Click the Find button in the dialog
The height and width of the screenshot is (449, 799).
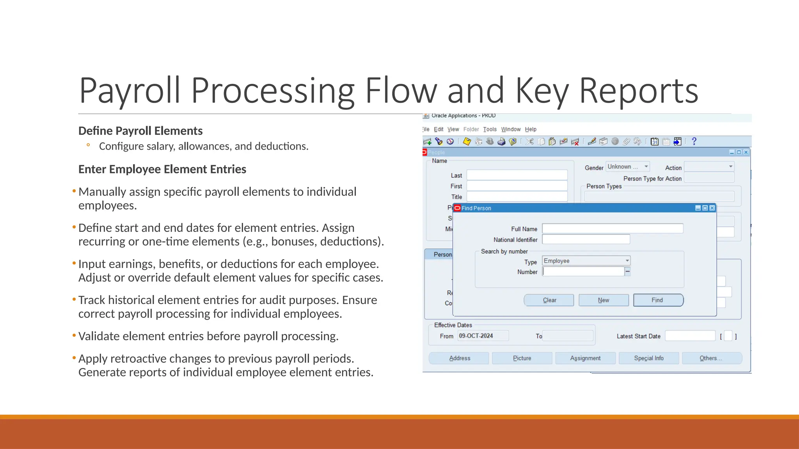point(658,300)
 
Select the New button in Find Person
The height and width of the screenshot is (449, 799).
point(604,300)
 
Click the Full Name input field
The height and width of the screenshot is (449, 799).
point(613,229)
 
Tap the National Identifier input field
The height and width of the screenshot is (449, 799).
point(586,239)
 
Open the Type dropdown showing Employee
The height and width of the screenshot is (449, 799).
point(586,261)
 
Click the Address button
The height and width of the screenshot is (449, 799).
point(459,358)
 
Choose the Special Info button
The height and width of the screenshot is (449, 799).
point(648,358)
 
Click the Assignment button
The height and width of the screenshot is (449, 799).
point(585,358)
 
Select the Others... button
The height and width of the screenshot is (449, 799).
point(711,358)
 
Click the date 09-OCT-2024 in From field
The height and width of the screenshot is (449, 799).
point(476,336)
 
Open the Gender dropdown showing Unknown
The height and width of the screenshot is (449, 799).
point(627,167)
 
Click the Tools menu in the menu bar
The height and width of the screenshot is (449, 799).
point(490,129)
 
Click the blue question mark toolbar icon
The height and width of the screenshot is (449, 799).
point(694,141)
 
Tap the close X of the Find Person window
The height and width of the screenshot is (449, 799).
point(712,208)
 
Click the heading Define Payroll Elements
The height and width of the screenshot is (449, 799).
point(140,131)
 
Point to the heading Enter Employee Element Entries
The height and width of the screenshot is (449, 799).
point(162,170)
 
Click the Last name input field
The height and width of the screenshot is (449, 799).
point(517,175)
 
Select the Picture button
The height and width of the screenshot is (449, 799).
point(522,358)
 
